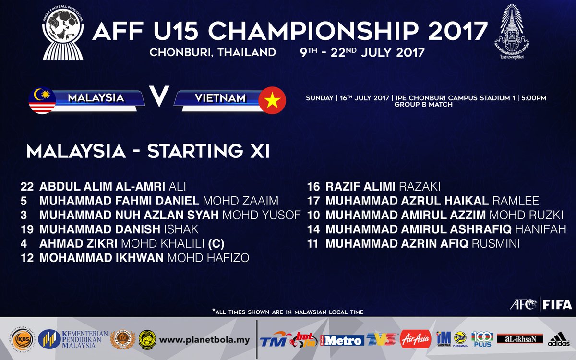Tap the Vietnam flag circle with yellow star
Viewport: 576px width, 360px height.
click(272, 100)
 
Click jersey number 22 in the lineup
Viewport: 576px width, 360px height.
click(27, 187)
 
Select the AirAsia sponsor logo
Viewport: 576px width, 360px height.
click(416, 339)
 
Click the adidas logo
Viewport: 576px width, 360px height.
click(559, 340)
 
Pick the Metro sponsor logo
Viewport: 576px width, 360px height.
click(342, 340)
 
